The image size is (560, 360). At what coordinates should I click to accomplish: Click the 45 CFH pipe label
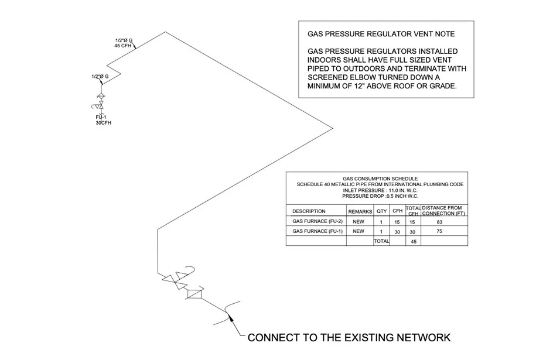tap(123, 46)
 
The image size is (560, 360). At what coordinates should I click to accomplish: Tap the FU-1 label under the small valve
tap(101, 118)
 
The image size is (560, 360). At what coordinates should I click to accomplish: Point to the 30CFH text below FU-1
tap(103, 123)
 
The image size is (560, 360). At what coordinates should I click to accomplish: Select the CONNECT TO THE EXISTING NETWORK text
tap(349, 338)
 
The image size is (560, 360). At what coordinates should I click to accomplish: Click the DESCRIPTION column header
tap(309, 211)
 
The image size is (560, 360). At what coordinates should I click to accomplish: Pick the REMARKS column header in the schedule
tap(360, 211)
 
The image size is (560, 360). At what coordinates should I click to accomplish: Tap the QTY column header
tap(381, 211)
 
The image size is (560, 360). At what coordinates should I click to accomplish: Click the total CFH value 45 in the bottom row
tap(414, 242)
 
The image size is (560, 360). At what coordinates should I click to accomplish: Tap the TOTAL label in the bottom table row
tap(381, 241)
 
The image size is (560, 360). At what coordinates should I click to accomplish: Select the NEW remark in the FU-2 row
tap(358, 222)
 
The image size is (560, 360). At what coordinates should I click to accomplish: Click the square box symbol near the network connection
tap(193, 295)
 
